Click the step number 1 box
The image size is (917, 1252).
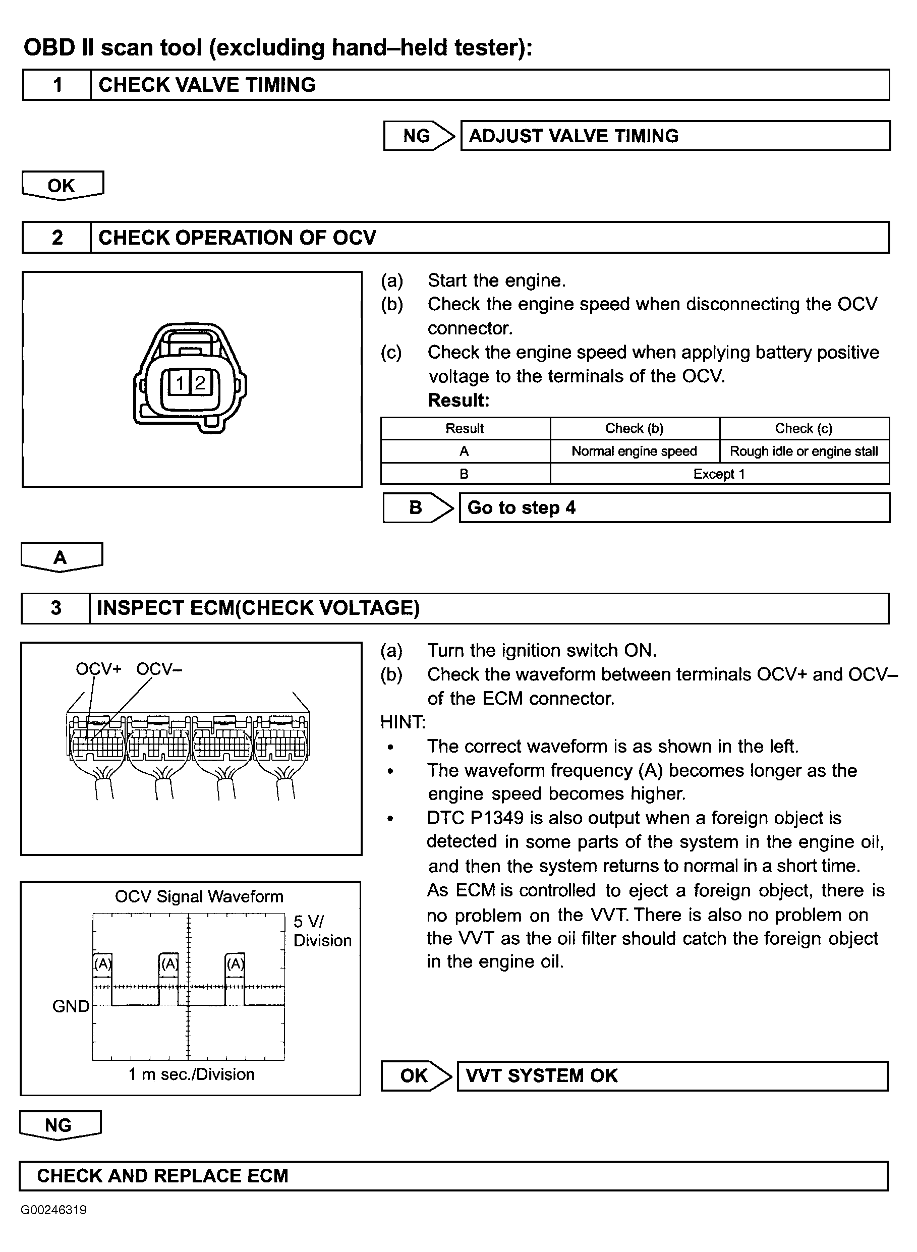tap(57, 85)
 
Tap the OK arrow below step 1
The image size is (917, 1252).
tap(62, 185)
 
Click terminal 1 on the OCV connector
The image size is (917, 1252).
tap(180, 382)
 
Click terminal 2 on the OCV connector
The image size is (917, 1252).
tap(200, 382)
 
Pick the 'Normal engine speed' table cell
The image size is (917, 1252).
tap(634, 451)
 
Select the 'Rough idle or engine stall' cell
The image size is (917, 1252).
tap(804, 451)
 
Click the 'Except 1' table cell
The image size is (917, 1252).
tap(719, 474)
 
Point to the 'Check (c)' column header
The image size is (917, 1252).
tap(804, 428)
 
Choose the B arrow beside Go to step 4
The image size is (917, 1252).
tap(417, 508)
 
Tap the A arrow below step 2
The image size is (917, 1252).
tap(61, 557)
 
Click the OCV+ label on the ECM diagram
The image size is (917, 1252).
tap(98, 669)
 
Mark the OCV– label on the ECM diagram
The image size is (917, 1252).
tap(159, 669)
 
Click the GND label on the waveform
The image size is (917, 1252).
tap(71, 1006)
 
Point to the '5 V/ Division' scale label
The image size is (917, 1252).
tap(322, 931)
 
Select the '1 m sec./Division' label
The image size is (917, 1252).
tap(192, 1074)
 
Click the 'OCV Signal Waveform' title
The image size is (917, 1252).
tap(199, 897)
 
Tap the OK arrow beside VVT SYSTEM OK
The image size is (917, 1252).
tap(415, 1075)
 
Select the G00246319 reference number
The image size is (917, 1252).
tap(54, 1210)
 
